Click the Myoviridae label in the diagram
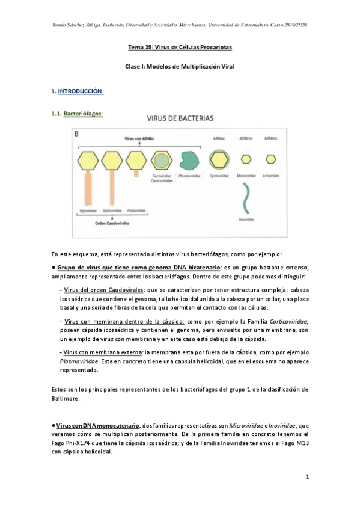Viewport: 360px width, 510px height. click(x=88, y=211)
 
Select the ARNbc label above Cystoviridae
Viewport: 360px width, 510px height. click(x=219, y=139)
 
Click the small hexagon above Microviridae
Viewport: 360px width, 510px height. click(x=246, y=159)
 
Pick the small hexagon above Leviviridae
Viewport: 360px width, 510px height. click(x=272, y=159)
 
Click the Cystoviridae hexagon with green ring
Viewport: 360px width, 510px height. click(x=219, y=160)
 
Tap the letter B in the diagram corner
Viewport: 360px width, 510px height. click(x=76, y=134)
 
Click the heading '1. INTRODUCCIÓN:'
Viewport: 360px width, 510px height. click(x=78, y=91)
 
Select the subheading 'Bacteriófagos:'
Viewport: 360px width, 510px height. click(x=83, y=113)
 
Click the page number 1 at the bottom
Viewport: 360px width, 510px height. click(x=307, y=478)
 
